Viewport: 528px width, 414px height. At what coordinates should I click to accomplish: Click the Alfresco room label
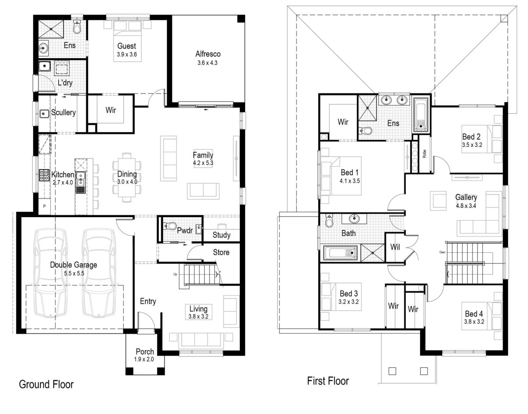point(208,54)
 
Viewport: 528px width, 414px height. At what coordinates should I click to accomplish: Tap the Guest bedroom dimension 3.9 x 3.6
point(126,54)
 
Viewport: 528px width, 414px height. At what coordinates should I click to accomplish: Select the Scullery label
point(63,112)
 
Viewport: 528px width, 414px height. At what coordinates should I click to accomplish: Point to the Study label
point(221,235)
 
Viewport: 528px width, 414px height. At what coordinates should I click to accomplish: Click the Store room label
point(221,252)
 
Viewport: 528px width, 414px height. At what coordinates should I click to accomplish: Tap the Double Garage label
point(73,265)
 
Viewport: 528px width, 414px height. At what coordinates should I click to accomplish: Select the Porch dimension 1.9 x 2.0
point(145,359)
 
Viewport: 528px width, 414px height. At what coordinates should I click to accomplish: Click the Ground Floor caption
point(46,384)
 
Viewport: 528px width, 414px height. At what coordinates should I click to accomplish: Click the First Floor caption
point(328,381)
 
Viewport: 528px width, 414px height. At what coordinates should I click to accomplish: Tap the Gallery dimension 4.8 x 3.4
point(466,205)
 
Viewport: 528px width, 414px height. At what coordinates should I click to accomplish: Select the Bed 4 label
point(474,314)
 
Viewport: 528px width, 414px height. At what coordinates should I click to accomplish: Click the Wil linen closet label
point(395,247)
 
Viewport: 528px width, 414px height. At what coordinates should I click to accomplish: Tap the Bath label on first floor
point(348,233)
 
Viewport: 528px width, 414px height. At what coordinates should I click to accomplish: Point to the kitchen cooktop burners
point(44,175)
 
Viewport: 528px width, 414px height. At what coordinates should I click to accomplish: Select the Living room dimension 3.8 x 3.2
point(198,316)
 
